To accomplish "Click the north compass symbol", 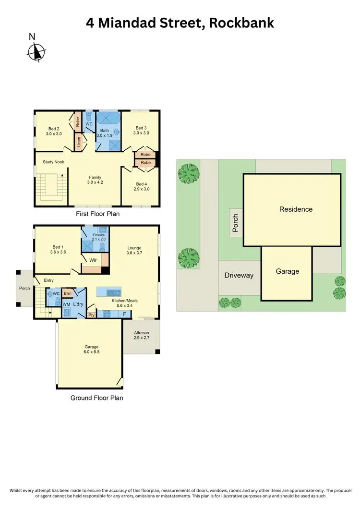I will [36, 50].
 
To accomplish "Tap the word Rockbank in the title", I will [242, 23].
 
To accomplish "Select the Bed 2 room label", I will [54, 131].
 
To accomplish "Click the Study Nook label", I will [53, 162].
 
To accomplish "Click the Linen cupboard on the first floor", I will [78, 142].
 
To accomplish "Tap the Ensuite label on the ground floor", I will [98, 236].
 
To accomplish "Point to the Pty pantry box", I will [91, 315].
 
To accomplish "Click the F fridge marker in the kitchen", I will [124, 314].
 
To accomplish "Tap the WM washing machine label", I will [66, 304].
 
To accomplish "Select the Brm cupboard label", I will [68, 293].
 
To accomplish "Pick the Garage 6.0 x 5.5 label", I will [92, 349].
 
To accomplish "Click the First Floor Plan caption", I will [97, 214].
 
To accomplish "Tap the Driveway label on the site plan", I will [239, 275].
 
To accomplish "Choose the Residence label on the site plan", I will [296, 209].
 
